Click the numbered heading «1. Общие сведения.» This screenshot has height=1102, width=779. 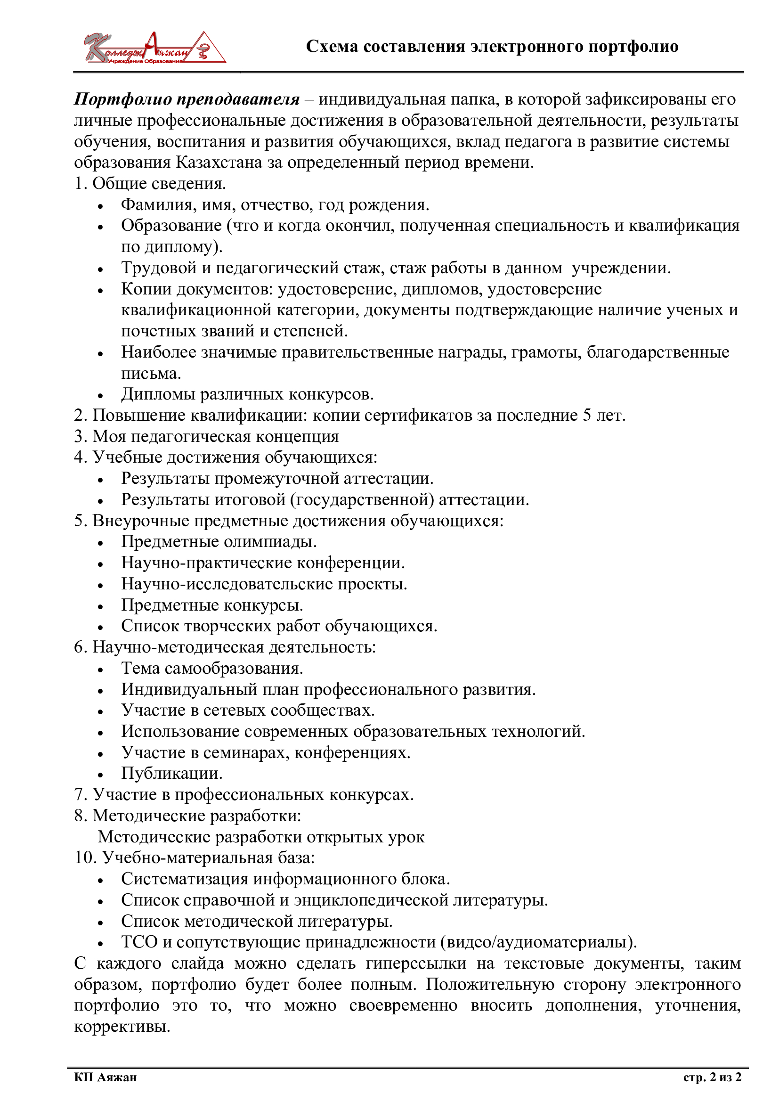tap(150, 183)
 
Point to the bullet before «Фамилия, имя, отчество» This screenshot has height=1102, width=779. tap(100, 206)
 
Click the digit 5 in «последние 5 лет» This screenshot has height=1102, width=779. tap(587, 415)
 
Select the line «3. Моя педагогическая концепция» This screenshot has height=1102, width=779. tap(206, 436)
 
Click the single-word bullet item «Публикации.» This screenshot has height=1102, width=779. tap(172, 774)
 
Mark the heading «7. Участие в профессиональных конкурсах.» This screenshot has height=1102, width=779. tap(243, 795)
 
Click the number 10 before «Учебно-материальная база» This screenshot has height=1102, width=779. tap(84, 857)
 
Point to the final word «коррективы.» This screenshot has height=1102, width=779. tap(122, 1027)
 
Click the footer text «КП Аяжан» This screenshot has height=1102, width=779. tap(105, 1078)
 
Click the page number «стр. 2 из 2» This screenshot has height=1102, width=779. tap(712, 1078)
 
